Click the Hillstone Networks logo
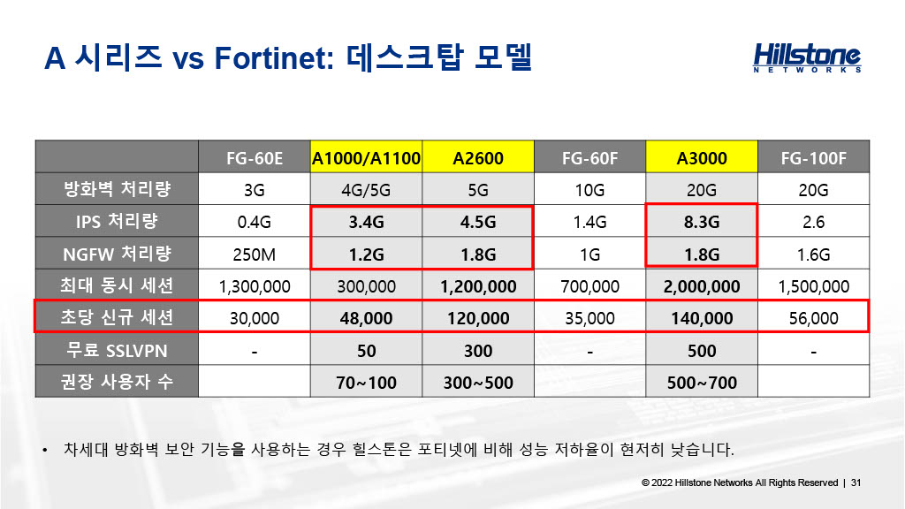(807, 57)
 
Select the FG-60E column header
(255, 157)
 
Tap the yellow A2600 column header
(478, 157)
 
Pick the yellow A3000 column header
(701, 157)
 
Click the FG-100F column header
(813, 157)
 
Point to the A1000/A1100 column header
(366, 157)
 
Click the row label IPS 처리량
(118, 221)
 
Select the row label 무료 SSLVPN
(118, 350)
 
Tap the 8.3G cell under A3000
(701, 222)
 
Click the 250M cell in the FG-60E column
(255, 254)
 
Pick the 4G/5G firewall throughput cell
(366, 190)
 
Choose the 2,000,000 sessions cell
(701, 286)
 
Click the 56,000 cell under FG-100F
(813, 318)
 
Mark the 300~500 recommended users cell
(478, 382)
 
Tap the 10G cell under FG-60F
(589, 190)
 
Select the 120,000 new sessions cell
(478, 318)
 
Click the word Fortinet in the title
(274, 58)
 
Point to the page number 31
(856, 482)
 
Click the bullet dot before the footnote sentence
(45, 450)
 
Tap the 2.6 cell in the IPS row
(813, 222)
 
